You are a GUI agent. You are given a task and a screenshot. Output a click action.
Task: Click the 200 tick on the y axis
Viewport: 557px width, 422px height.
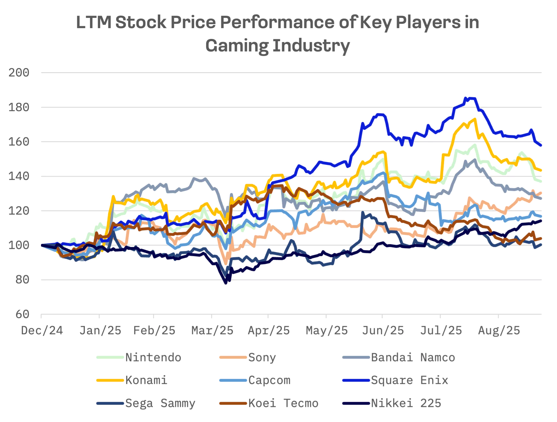pyautogui.click(x=19, y=73)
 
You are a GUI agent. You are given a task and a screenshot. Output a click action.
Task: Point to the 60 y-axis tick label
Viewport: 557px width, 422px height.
pyautogui.click(x=22, y=314)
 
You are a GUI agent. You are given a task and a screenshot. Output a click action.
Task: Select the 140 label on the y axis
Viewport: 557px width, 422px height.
pyautogui.click(x=19, y=176)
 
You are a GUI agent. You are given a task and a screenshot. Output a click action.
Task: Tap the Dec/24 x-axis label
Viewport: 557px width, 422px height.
pyautogui.click(x=42, y=330)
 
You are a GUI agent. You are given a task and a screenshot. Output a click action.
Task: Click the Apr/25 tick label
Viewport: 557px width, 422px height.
pyautogui.click(x=269, y=330)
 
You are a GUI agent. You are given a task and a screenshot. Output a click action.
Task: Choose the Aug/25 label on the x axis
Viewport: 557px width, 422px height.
pyautogui.click(x=499, y=330)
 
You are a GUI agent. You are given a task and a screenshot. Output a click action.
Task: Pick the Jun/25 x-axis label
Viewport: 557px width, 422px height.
pyautogui.click(x=383, y=330)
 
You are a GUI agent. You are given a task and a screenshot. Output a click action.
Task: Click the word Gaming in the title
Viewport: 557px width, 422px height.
pyautogui.click(x=237, y=46)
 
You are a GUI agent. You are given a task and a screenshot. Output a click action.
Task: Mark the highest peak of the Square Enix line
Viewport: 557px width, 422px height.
pyautogui.click(x=466, y=98)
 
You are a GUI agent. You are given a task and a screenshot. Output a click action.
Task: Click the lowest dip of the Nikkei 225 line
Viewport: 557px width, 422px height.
pyautogui.click(x=226, y=283)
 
